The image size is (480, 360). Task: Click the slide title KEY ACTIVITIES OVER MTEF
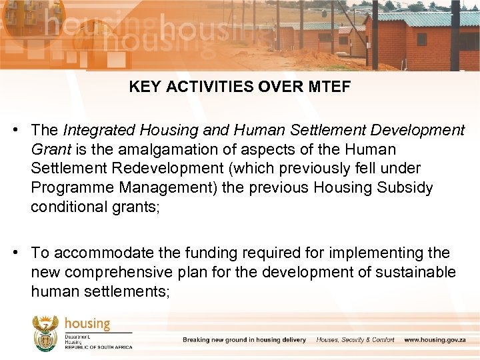pyautogui.click(x=239, y=87)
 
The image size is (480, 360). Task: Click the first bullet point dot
pyautogui.click(x=22, y=130)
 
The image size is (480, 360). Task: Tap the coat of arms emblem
pyautogui.click(x=45, y=333)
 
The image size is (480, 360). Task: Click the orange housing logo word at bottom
pyautogui.click(x=87, y=324)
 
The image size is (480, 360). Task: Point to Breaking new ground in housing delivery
pyautogui.click(x=244, y=340)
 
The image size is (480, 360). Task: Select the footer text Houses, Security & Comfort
pyautogui.click(x=355, y=340)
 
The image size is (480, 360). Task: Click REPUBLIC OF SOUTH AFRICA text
pyautogui.click(x=98, y=347)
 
